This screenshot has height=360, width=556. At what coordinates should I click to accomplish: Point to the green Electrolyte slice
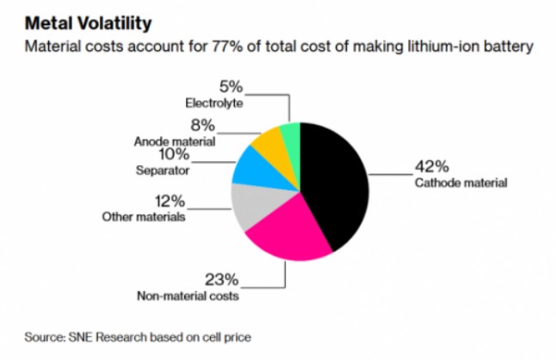click(x=291, y=135)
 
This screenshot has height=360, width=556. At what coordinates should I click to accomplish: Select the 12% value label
click(x=170, y=202)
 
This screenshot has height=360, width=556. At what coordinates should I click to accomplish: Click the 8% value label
click(x=204, y=126)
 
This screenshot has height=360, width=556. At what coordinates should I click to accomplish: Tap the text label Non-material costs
click(x=188, y=297)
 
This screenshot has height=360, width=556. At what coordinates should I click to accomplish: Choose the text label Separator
click(x=163, y=171)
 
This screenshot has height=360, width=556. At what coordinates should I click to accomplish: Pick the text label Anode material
click(x=175, y=140)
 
